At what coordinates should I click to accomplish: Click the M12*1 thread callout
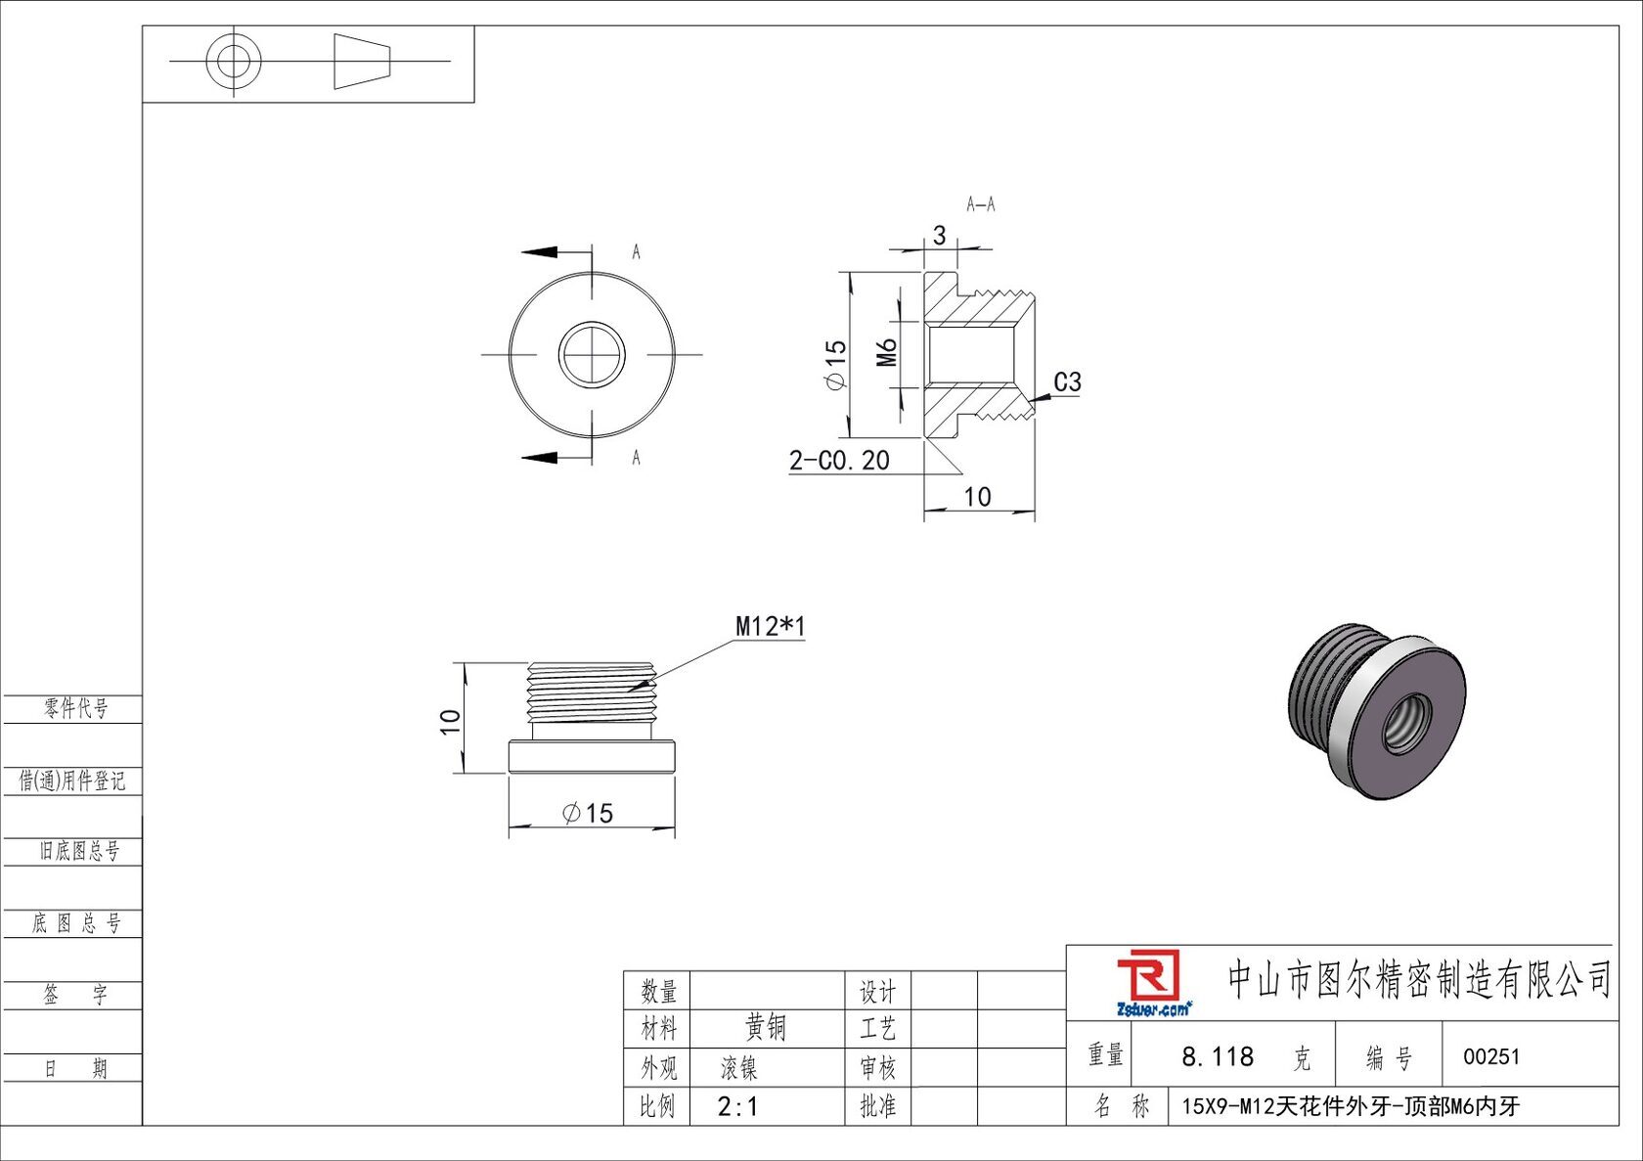pos(771,626)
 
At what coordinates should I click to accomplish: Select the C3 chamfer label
pos(1067,382)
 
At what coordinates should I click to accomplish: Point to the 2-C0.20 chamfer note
pos(839,460)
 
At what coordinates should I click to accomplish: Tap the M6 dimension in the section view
pos(887,353)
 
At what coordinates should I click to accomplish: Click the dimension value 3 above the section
pos(939,236)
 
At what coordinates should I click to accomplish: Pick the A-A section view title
pos(981,203)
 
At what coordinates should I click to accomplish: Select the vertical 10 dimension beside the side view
pos(450,722)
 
